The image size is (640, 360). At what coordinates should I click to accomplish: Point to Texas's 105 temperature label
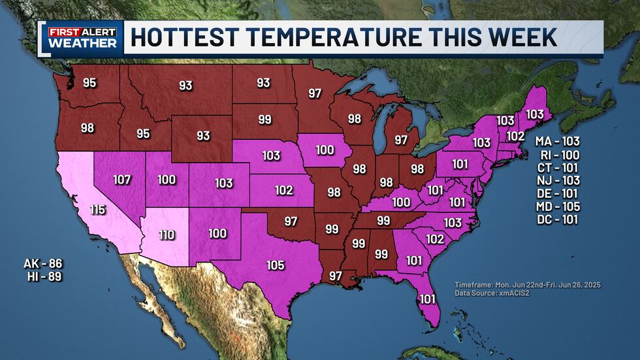[x=275, y=265]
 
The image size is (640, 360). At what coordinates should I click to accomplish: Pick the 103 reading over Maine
[x=534, y=114]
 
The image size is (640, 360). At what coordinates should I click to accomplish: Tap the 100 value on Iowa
[x=325, y=150]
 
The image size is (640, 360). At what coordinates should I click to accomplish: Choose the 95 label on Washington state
[x=89, y=83]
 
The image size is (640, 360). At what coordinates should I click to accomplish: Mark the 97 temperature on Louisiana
[x=335, y=276]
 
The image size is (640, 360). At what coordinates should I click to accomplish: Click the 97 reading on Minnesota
[x=315, y=93]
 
